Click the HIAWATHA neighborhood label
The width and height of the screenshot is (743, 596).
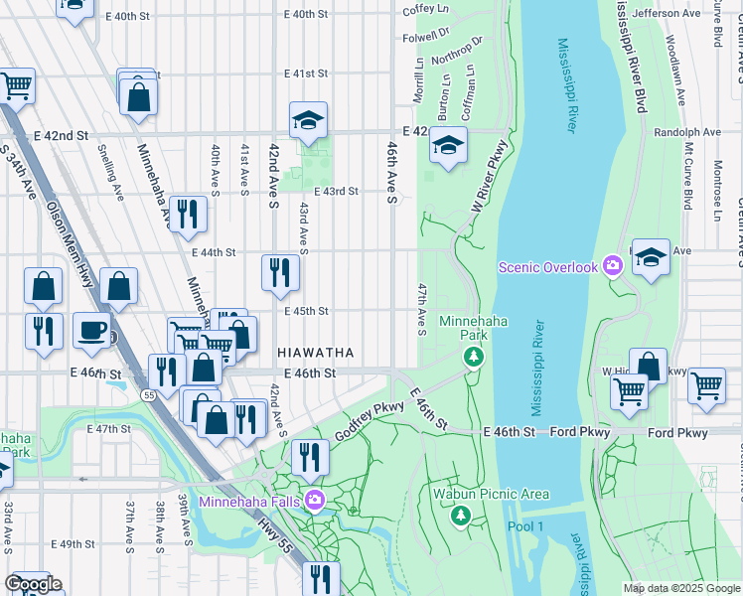(315, 353)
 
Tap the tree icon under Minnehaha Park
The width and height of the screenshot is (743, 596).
(476, 356)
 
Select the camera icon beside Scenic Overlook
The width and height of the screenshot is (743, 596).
(613, 266)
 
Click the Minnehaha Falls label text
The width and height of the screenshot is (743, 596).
(250, 500)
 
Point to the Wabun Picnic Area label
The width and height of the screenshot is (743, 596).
(477, 494)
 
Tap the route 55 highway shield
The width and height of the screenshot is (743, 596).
(148, 395)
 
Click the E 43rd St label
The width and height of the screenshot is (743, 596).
(335, 192)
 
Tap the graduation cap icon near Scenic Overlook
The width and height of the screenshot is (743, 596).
(651, 257)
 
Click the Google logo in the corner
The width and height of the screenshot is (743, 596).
(33, 583)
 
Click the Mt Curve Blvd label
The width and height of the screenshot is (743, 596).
(686, 175)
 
